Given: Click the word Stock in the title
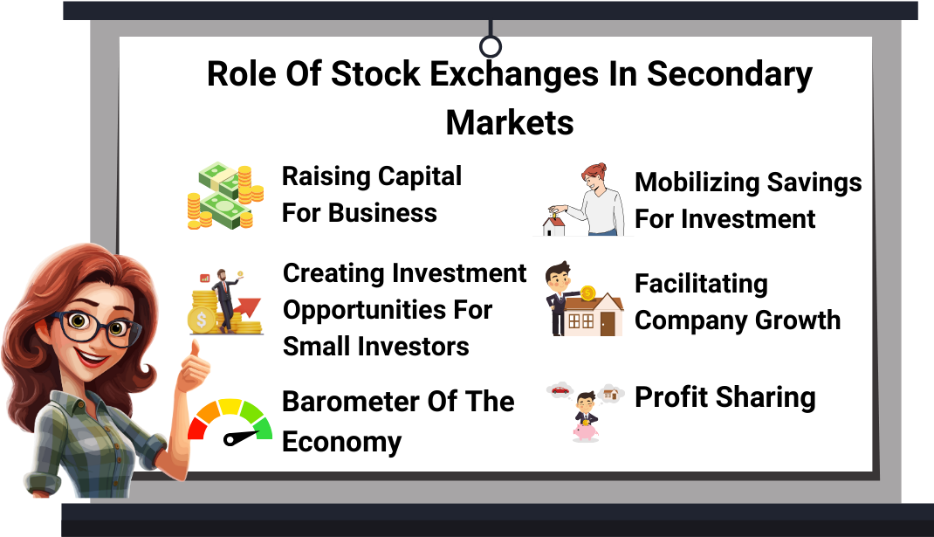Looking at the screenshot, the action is (374, 74).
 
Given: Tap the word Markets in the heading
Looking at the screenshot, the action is (510, 123).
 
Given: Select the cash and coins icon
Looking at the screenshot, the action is (225, 196).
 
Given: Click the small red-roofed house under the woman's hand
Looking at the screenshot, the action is (554, 226).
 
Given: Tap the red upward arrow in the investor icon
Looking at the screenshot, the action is (247, 307).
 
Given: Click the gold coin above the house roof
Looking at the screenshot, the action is (587, 293).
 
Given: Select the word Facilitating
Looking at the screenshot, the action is (701, 285).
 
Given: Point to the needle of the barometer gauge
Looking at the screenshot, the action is (241, 437).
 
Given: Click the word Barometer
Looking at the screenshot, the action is (350, 402).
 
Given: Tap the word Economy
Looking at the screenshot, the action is (342, 443).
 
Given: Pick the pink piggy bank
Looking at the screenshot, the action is (586, 431).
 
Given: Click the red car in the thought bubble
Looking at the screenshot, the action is (560, 390).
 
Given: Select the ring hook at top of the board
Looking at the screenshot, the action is (491, 46).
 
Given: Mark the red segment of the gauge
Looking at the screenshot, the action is (196, 429).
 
